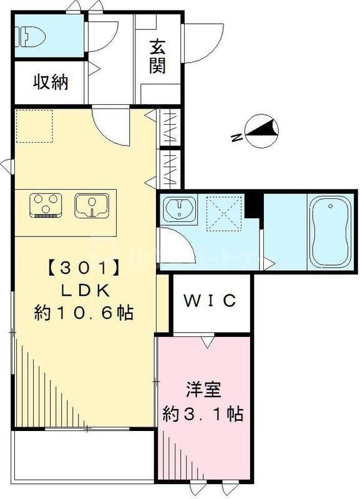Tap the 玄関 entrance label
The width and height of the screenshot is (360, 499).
point(157,56)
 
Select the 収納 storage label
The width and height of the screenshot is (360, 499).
point(50,82)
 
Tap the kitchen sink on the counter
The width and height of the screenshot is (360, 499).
point(92,205)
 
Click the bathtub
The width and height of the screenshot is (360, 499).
point(328,231)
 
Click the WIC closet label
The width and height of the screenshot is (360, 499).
point(210,301)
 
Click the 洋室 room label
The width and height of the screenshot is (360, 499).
point(202,392)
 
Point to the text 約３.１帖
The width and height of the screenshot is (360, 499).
point(203,413)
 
